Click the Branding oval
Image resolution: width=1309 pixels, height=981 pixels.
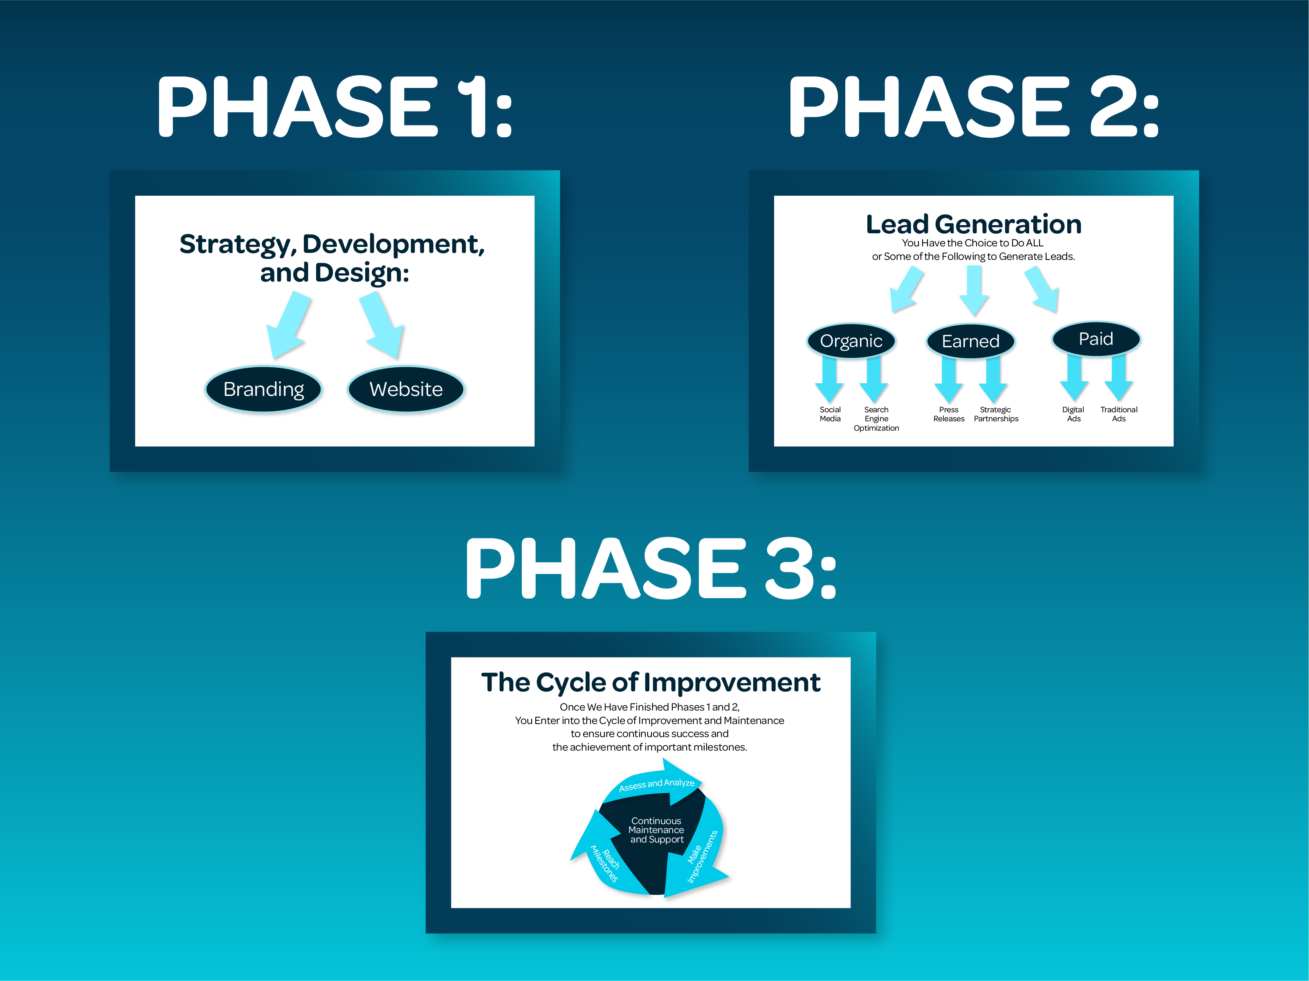tap(263, 389)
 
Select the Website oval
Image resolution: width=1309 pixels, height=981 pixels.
tap(406, 389)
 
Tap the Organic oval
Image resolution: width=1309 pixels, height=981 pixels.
tap(851, 341)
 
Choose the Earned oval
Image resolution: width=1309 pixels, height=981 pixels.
tap(970, 341)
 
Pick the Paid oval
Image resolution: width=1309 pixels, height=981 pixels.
tap(1096, 339)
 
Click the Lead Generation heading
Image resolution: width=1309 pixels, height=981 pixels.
tap(973, 225)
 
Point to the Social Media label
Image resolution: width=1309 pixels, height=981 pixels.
tap(830, 414)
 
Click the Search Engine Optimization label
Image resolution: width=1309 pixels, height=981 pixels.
tap(876, 419)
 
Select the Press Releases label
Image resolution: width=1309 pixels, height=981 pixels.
tap(949, 414)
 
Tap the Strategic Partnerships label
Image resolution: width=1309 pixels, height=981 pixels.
tap(996, 414)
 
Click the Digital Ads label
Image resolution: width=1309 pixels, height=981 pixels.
tap(1073, 414)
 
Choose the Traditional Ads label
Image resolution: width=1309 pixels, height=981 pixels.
tap(1119, 414)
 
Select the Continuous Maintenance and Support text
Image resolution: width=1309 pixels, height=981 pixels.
tap(656, 830)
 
